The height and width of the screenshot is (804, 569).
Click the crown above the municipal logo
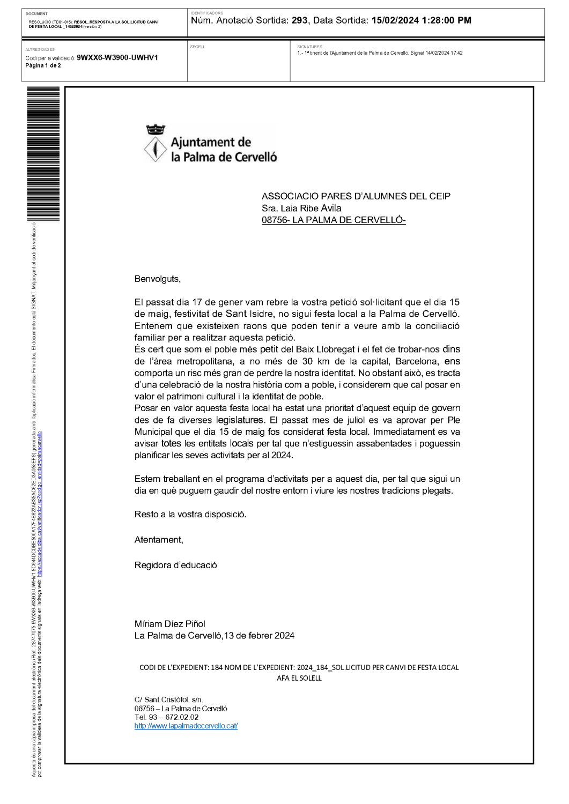point(156,129)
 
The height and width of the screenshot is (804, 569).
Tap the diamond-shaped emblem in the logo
point(156,149)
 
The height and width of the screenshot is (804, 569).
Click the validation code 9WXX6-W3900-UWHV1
point(117,58)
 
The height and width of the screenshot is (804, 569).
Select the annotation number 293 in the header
point(299,20)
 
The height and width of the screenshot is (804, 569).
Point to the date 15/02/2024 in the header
point(395,20)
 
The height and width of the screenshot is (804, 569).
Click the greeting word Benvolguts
point(157,279)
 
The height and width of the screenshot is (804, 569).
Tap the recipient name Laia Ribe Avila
point(311,208)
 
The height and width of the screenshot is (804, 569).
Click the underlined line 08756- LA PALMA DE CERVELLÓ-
point(334,220)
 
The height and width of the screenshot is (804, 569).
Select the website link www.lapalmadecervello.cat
point(186,726)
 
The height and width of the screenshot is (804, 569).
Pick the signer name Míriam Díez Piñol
point(169,624)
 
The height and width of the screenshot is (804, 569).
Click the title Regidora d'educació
point(175,565)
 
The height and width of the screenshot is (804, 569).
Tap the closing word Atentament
point(158,540)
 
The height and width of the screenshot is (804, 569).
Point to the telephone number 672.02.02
point(182,717)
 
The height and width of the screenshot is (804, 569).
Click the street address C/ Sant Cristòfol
point(168,699)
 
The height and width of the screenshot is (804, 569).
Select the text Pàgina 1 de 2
point(43,66)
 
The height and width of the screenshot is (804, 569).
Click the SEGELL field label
point(197,47)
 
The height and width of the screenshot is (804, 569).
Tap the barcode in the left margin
point(43,153)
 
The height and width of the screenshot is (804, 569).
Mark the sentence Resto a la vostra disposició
point(190,515)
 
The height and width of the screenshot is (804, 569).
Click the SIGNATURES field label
point(309,47)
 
